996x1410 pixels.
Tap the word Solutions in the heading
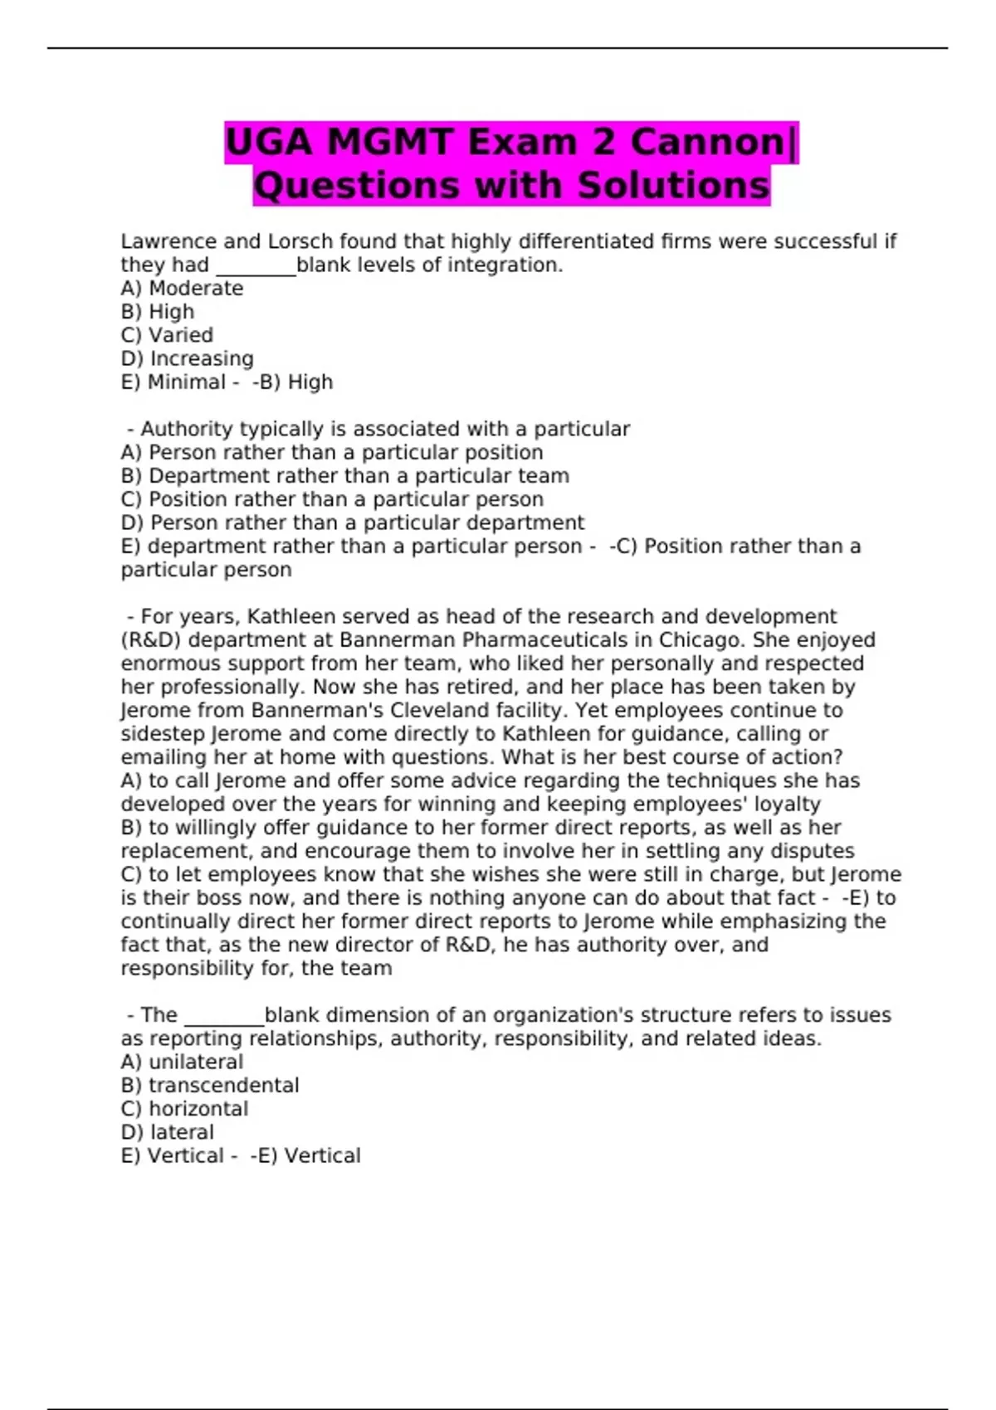point(673,185)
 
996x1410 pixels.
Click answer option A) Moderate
point(182,289)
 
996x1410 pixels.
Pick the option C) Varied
point(167,335)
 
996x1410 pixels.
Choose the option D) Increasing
point(187,358)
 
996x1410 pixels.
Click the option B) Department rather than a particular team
point(344,476)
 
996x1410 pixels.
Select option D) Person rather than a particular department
point(352,523)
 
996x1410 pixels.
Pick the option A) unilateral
point(182,1062)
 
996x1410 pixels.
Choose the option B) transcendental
point(210,1086)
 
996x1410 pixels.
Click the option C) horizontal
point(184,1109)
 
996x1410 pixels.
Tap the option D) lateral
point(167,1132)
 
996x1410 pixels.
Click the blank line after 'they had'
point(256,270)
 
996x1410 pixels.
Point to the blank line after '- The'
point(223,1020)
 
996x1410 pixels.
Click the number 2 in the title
point(603,142)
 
